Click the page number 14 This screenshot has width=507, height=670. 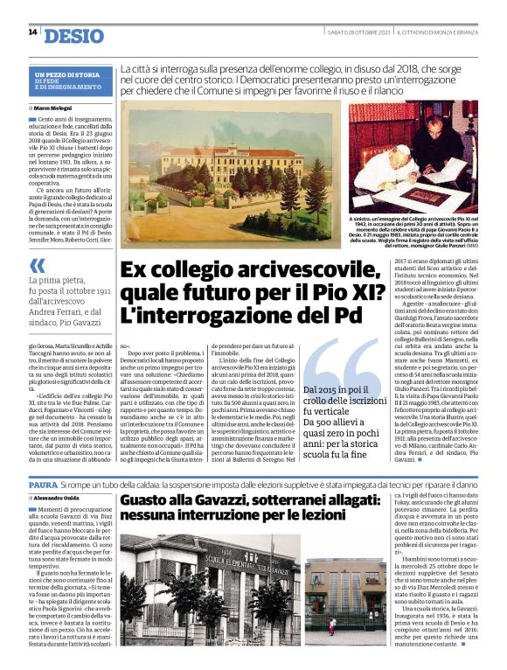click(x=32, y=32)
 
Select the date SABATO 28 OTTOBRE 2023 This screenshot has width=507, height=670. click(x=357, y=32)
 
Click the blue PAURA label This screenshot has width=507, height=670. click(x=43, y=483)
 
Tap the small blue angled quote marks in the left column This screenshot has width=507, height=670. click(x=37, y=265)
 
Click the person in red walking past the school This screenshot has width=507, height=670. click(x=331, y=625)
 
